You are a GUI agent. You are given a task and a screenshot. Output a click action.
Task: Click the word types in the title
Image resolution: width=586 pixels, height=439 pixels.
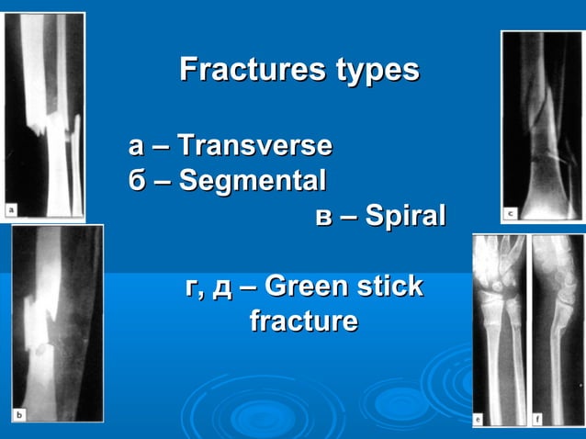[376, 71]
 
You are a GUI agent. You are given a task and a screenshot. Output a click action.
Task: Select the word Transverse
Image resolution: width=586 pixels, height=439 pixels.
[254, 145]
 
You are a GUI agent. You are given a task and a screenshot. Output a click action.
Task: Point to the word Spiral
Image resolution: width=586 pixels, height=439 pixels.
[405, 216]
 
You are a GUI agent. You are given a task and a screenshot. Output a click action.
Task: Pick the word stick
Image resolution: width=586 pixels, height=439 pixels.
[389, 287]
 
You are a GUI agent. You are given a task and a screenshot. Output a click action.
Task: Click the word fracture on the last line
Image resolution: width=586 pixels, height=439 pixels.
[303, 321]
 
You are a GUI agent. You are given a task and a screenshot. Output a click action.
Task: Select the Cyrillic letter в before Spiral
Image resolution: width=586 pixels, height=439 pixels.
[322, 217]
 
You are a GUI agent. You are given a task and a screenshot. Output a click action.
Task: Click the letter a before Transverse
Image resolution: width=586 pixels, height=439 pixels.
[136, 145]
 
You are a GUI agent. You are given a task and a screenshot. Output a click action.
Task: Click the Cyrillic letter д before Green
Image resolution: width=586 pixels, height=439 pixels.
[221, 288]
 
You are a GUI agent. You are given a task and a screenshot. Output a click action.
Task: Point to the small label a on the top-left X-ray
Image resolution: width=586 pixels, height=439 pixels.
[11, 209]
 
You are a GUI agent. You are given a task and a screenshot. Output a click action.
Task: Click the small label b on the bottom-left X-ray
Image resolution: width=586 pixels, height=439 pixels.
[18, 414]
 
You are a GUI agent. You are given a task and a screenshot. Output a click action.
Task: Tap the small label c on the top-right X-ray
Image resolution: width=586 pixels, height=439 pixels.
[510, 213]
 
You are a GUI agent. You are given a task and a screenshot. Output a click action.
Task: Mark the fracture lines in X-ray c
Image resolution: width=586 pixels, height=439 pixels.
[542, 138]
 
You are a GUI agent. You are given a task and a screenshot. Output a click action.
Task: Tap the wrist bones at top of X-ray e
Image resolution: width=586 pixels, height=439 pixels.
[498, 280]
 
